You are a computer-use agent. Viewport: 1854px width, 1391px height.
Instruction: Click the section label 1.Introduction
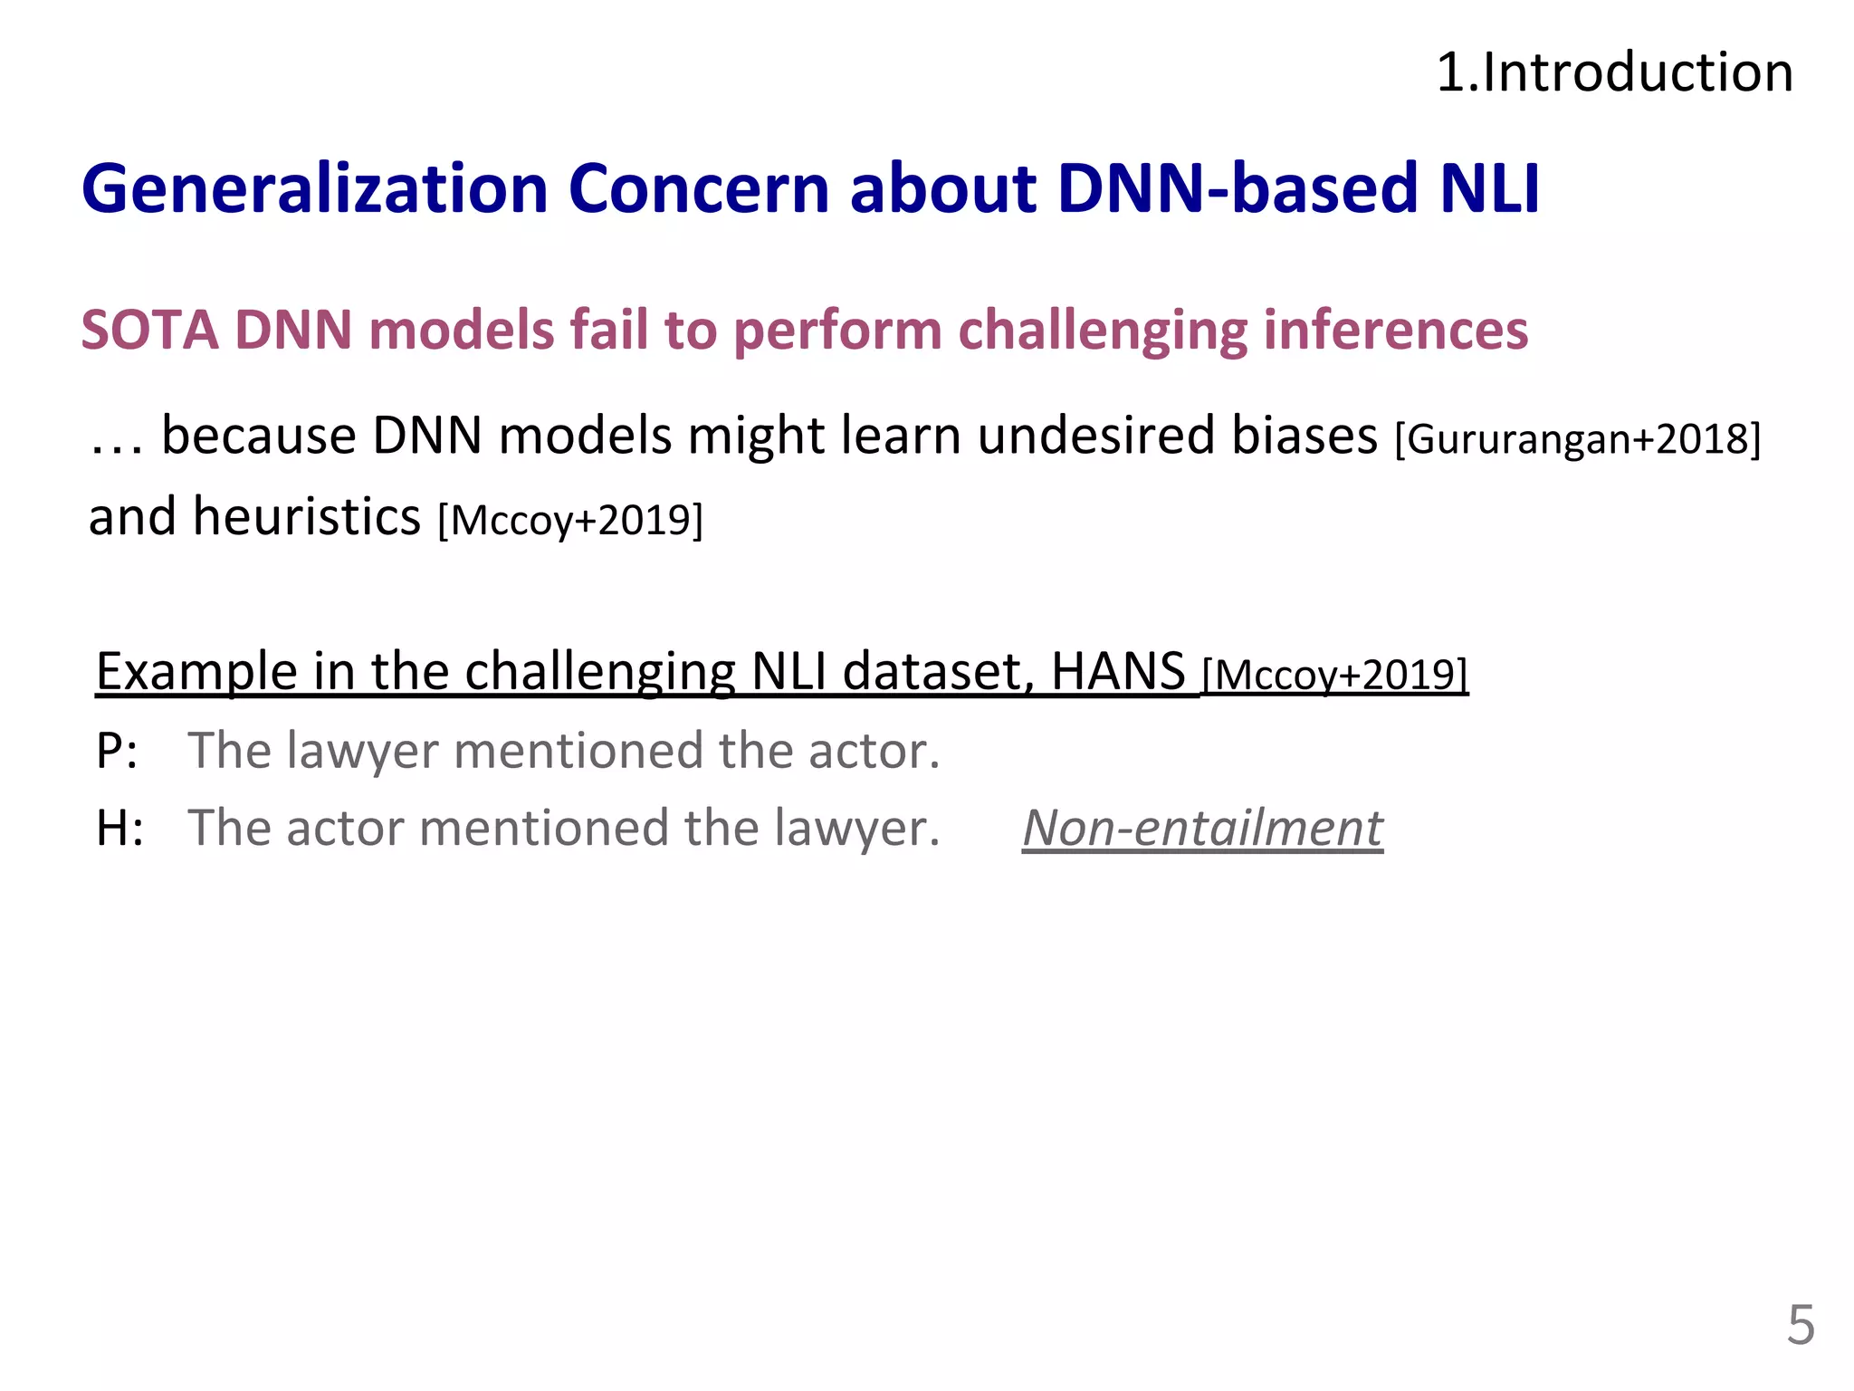(1614, 72)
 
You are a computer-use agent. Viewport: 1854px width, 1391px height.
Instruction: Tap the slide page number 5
(1801, 1325)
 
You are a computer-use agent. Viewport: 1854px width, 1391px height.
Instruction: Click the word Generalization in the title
(315, 189)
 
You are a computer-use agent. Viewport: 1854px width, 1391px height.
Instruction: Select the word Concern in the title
(699, 189)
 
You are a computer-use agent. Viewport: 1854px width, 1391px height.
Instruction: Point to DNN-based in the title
(1238, 189)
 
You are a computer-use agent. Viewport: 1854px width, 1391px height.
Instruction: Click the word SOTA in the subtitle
(149, 330)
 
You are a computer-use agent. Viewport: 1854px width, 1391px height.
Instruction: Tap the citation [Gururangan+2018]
(1578, 439)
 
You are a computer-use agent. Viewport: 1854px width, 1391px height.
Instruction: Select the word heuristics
(307, 517)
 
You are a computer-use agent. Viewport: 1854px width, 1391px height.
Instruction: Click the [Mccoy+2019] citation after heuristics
(570, 521)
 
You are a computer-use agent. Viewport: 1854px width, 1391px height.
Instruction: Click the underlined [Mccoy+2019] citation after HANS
(1335, 675)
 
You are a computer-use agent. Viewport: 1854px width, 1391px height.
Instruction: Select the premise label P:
(117, 752)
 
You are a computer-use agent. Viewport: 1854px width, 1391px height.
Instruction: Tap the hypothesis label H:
(119, 829)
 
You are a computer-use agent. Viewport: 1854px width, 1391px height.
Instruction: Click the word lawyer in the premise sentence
(363, 752)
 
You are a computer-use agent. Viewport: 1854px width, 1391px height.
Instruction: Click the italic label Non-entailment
(1202, 829)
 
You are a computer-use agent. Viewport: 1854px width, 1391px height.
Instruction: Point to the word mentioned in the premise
(578, 752)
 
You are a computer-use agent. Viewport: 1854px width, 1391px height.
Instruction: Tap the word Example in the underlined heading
(196, 672)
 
